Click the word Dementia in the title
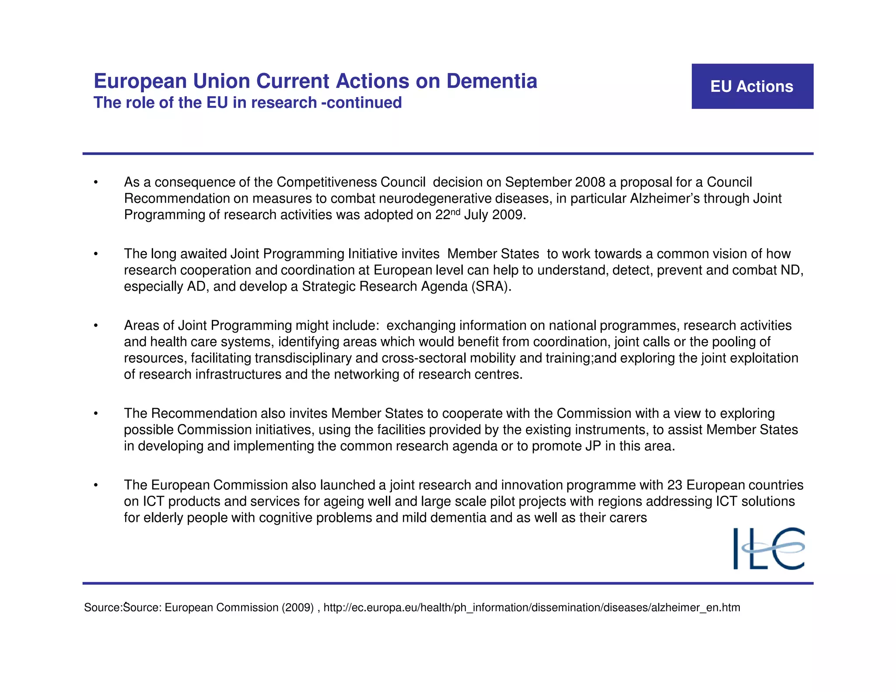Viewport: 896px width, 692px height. coord(491,81)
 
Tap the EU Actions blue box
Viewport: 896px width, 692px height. coord(752,87)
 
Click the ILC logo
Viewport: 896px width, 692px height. coord(769,549)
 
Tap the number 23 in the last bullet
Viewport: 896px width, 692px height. coord(675,485)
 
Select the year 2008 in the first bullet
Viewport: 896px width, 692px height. coord(590,182)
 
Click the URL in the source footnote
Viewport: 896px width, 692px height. coord(532,608)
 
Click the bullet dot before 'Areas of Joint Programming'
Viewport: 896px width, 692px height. coord(96,326)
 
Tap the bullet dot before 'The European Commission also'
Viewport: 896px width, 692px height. coord(96,486)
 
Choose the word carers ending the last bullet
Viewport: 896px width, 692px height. coord(626,518)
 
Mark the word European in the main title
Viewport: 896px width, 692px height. coord(140,81)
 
